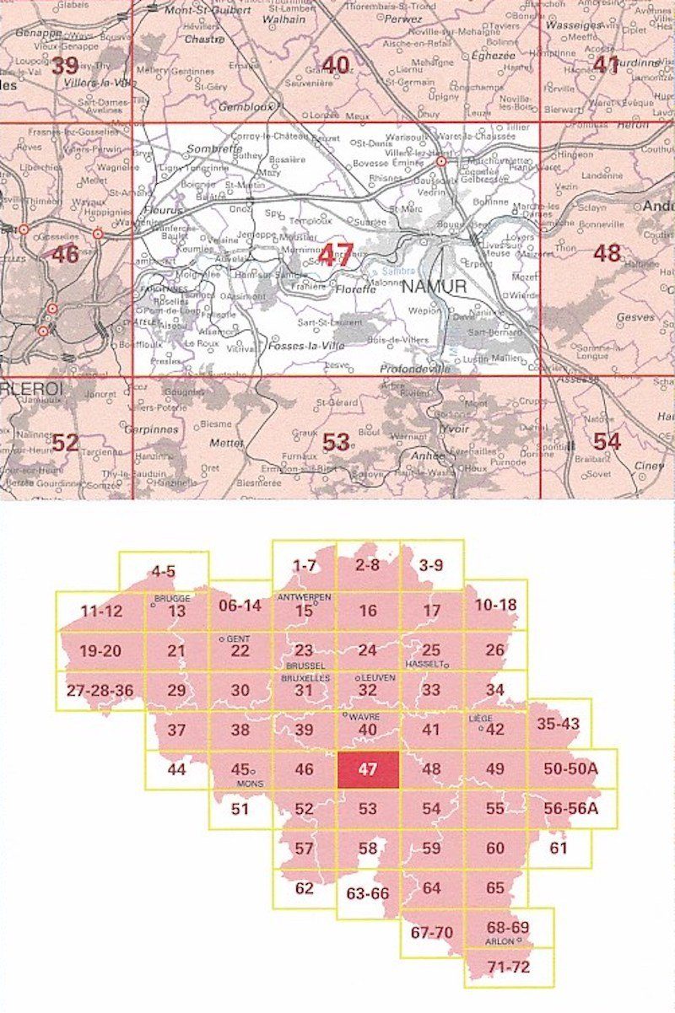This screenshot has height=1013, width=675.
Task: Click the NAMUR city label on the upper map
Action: (x=435, y=287)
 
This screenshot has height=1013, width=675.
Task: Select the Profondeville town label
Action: (x=416, y=369)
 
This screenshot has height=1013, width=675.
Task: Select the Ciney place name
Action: (x=650, y=466)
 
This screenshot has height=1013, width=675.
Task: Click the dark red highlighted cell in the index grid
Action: (x=368, y=769)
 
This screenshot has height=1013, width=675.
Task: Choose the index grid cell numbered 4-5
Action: (x=164, y=571)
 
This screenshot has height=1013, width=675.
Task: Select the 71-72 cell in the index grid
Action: (x=510, y=967)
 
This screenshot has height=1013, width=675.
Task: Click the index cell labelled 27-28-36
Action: (x=100, y=690)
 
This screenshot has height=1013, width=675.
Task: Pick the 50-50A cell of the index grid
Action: (x=571, y=769)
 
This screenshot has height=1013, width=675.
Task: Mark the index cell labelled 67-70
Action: (x=431, y=933)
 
